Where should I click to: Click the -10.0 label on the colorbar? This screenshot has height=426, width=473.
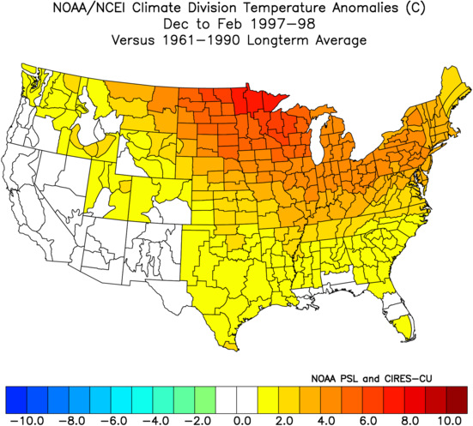coord(27,420)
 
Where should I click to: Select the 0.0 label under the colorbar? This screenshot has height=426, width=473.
coord(242,420)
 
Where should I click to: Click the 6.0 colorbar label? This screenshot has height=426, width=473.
coord(367,420)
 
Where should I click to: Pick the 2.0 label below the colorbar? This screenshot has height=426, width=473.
coord(284,420)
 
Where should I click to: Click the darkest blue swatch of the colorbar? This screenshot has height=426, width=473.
coord(16,399)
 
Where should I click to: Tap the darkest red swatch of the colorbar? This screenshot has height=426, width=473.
coord(457,399)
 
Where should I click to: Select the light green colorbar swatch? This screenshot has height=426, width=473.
coord(205,399)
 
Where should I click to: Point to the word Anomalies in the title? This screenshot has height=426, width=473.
coord(365,8)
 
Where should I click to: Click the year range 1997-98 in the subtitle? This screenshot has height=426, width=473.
coord(282,24)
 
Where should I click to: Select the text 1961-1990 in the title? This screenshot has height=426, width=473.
coord(201,40)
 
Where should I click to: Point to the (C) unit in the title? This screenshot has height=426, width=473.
coord(415,9)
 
